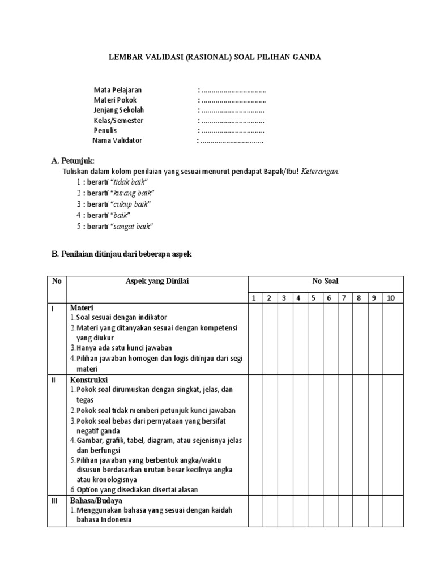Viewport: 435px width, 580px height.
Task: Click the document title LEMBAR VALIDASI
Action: point(215,57)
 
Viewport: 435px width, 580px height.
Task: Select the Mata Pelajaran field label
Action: point(118,90)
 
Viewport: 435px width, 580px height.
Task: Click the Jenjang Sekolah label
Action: point(119,110)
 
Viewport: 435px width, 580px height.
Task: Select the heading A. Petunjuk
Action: point(73,161)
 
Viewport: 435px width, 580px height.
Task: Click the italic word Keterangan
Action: point(320,171)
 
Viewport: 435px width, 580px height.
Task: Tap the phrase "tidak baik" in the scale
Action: point(130,182)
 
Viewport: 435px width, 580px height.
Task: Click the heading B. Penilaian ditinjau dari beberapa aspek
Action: point(122,254)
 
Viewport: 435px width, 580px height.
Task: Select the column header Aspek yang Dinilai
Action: point(157,282)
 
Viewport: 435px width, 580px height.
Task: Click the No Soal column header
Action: point(325,282)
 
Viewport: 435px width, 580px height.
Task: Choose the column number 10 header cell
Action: point(391,298)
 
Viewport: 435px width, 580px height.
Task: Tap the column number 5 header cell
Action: point(313,298)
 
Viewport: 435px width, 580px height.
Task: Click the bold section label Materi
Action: point(82,308)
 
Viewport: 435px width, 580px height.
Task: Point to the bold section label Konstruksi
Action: point(89,379)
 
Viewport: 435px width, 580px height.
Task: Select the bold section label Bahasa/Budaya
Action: point(96,501)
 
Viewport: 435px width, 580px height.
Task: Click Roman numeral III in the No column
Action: point(54,501)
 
